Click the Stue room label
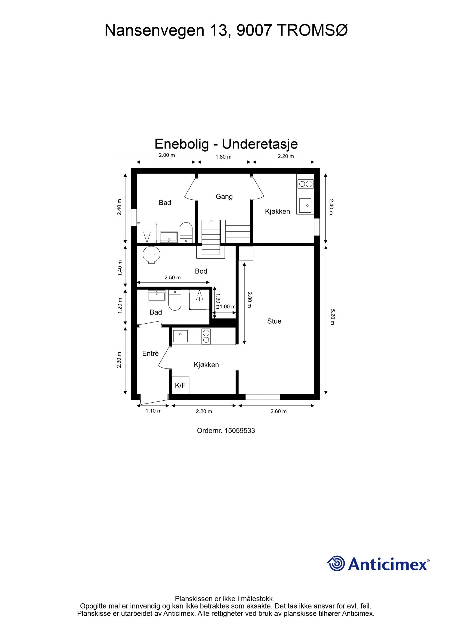point(274,321)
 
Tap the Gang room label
point(224,197)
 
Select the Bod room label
point(201,271)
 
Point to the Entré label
point(150,354)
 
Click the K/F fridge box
point(180,385)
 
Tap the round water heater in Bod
point(151,255)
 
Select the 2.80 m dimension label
point(249,300)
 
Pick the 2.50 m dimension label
point(172,278)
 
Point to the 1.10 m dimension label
point(153,411)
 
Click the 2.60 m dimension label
point(278,411)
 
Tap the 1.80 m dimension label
point(223,157)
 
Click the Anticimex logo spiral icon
point(336,563)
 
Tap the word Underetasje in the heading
point(260,144)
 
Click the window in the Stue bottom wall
point(262,397)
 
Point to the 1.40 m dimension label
point(119,271)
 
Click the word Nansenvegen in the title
point(154,30)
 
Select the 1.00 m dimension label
point(227,307)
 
